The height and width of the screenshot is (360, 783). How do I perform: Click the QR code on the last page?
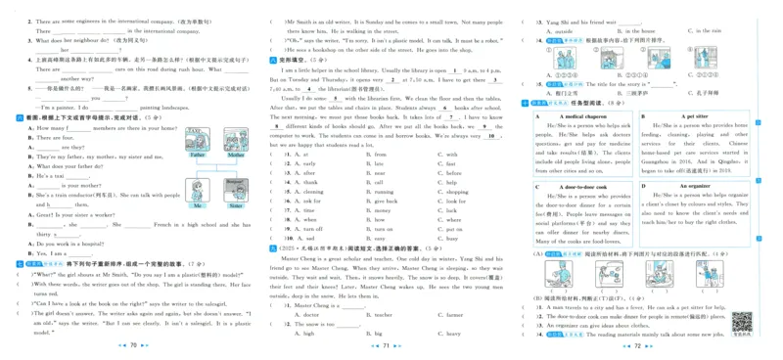742,321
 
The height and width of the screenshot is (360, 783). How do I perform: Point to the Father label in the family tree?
197,155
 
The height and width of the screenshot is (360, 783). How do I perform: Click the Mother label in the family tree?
235,155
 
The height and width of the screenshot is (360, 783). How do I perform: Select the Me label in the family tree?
197,205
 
